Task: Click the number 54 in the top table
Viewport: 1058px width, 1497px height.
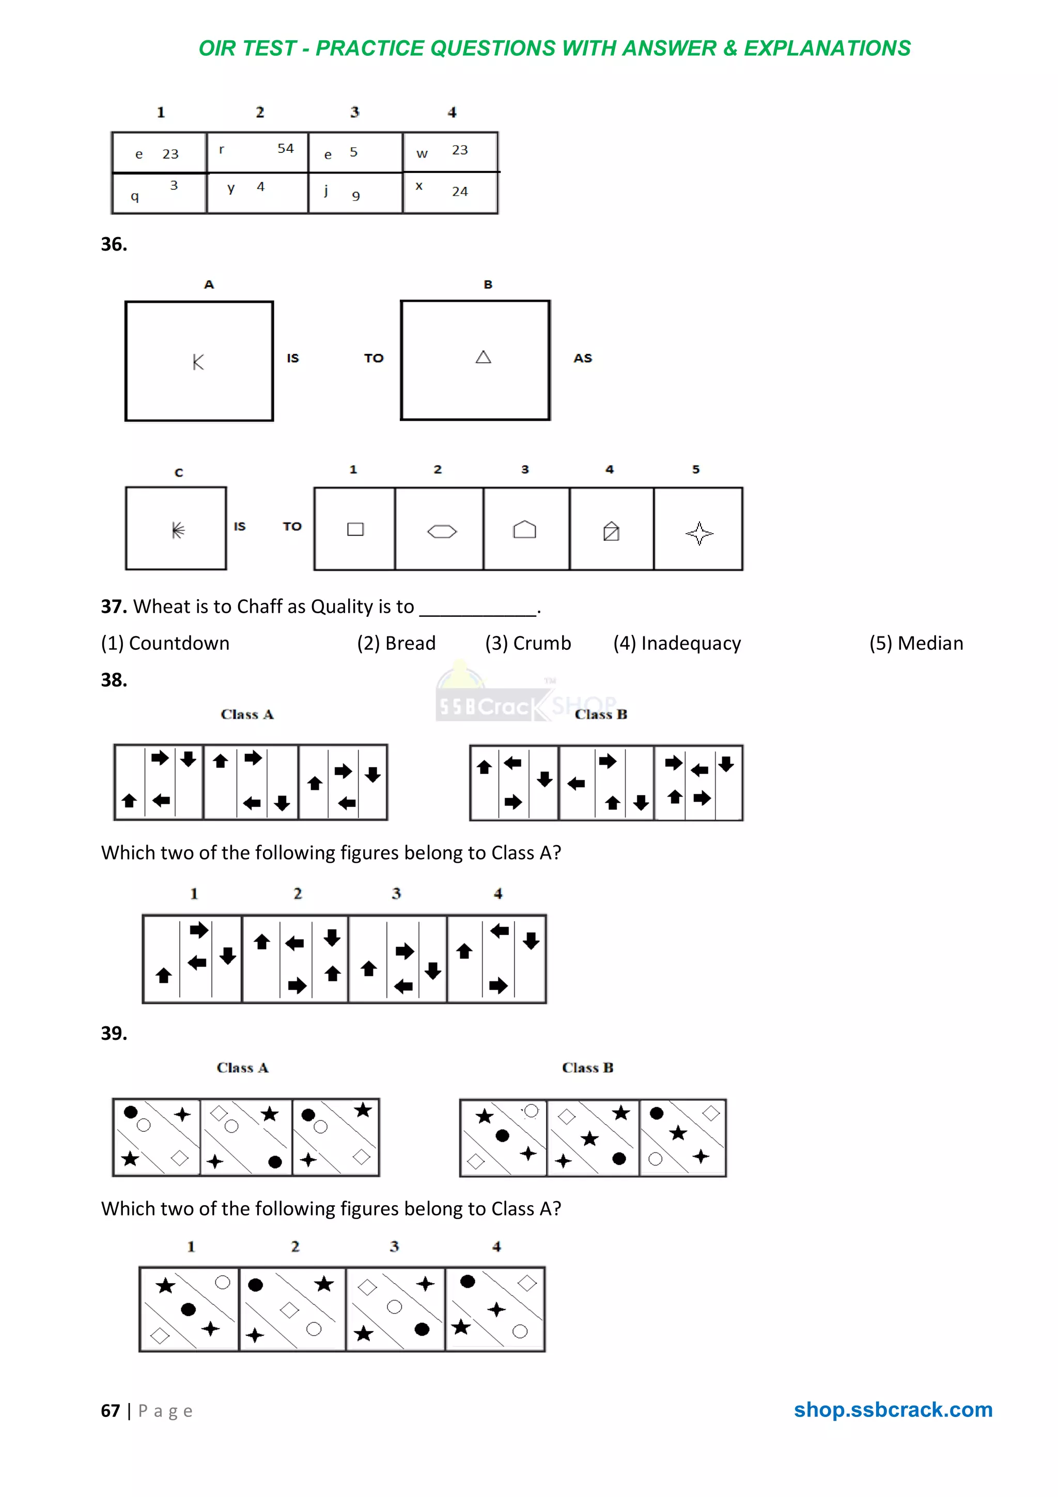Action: (286, 149)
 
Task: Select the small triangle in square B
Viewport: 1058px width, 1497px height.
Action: (483, 357)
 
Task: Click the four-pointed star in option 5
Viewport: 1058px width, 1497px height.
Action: (699, 533)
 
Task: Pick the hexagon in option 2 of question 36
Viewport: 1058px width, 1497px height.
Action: (442, 532)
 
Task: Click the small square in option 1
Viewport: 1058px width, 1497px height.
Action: (355, 529)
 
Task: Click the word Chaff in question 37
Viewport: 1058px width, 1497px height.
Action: (259, 606)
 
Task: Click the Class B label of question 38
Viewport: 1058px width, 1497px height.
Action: (600, 714)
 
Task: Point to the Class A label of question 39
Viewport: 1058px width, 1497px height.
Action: (242, 1067)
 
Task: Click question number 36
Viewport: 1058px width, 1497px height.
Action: (114, 244)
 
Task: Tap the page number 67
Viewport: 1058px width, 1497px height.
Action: (110, 1410)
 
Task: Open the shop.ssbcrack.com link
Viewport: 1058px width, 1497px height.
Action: (892, 1409)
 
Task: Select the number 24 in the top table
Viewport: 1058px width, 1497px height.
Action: (460, 192)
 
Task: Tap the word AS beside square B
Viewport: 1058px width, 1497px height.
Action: (583, 358)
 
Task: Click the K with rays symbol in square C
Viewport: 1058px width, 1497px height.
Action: (177, 529)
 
